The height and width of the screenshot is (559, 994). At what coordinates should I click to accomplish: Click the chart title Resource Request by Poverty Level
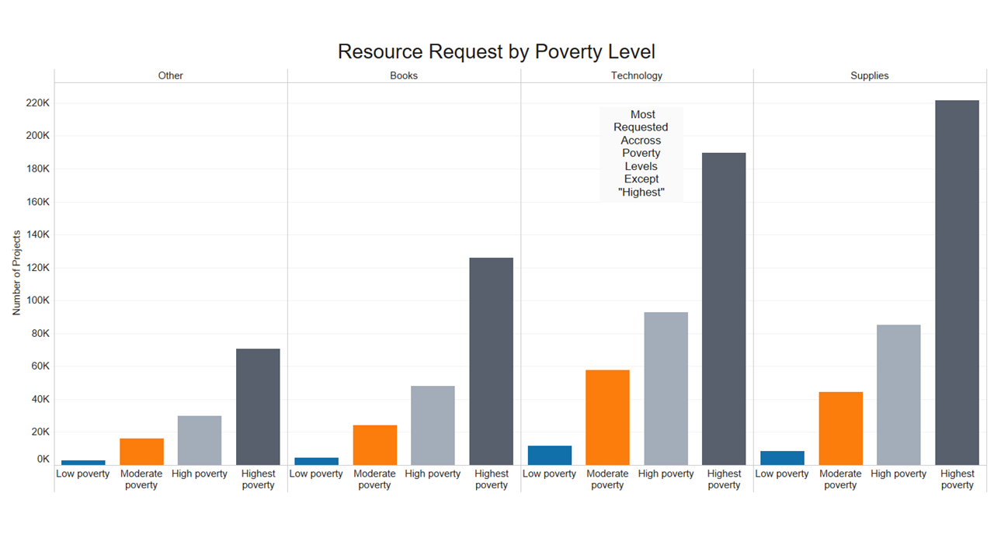click(x=496, y=52)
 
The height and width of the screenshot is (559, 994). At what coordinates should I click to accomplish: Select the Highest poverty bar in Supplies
click(x=957, y=283)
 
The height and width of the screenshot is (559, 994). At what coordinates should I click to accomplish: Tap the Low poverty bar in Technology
click(x=549, y=456)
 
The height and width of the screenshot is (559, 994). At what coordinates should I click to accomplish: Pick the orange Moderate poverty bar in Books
click(x=374, y=445)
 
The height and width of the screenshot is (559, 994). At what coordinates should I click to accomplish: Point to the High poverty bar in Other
click(x=200, y=440)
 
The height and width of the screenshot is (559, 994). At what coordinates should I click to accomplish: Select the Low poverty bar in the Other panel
click(x=83, y=463)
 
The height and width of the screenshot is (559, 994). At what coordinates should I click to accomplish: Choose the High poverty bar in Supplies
click(x=898, y=395)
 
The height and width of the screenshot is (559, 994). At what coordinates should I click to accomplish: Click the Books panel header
click(x=404, y=76)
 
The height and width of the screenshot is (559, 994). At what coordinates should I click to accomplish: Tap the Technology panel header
click(x=637, y=76)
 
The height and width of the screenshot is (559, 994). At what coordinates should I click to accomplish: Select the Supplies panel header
click(x=870, y=76)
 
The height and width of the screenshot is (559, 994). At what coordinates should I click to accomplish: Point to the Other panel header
click(x=171, y=76)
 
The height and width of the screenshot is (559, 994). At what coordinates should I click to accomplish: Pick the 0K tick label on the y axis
click(x=43, y=460)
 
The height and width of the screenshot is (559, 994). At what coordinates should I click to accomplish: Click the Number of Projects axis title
click(x=17, y=273)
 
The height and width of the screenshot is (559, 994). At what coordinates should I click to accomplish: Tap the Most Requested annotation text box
click(x=641, y=154)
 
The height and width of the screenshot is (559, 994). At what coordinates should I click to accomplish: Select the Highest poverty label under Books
click(x=491, y=479)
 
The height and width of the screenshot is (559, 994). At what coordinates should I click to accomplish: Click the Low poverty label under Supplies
click(x=782, y=474)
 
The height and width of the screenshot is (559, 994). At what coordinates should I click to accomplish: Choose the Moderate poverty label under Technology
click(x=607, y=479)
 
